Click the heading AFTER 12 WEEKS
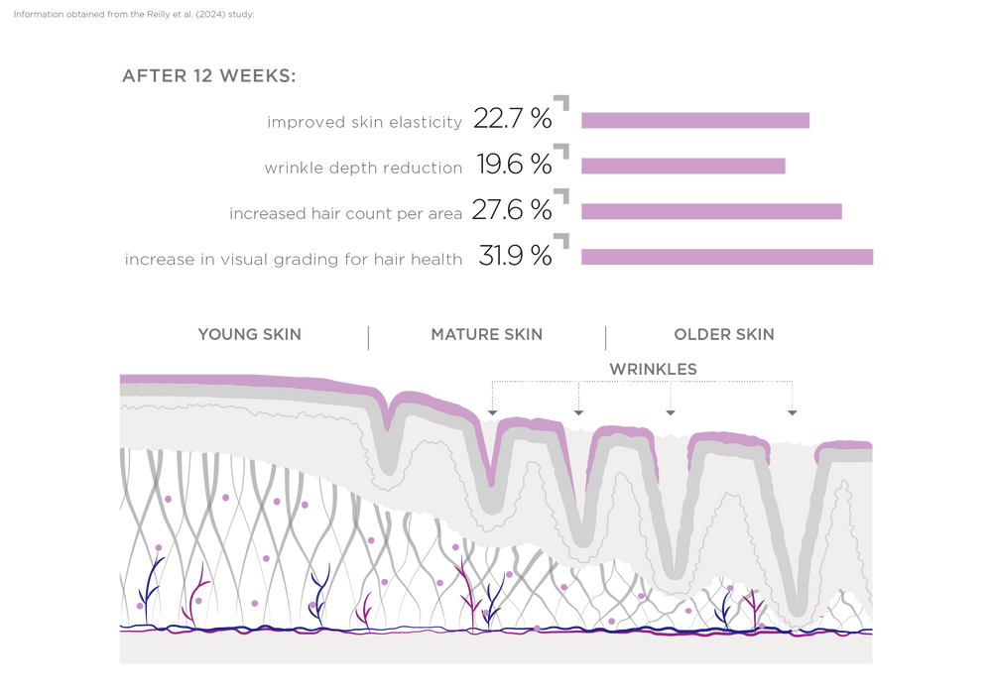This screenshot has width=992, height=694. (x=208, y=76)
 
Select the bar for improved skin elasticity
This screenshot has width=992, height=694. (x=694, y=121)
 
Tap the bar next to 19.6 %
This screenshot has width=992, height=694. (x=682, y=166)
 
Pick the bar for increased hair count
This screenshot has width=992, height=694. (x=710, y=211)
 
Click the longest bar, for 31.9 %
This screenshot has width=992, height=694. (x=726, y=257)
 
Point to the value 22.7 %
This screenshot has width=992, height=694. (x=512, y=120)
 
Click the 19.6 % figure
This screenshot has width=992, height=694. (x=513, y=166)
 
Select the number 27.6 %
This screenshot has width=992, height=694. (x=512, y=210)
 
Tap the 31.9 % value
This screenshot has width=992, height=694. (x=514, y=256)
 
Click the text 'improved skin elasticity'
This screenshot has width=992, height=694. (x=364, y=122)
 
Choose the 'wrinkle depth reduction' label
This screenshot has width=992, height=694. (x=363, y=168)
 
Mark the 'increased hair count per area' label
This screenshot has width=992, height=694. (x=345, y=213)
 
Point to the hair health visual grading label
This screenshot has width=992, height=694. (x=294, y=260)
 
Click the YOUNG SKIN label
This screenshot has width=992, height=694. (x=249, y=334)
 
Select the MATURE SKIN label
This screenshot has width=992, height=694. (x=486, y=334)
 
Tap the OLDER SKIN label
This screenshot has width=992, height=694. (x=722, y=334)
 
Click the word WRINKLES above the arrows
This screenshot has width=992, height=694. (x=653, y=369)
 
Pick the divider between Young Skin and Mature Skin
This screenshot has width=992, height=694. (x=369, y=337)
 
